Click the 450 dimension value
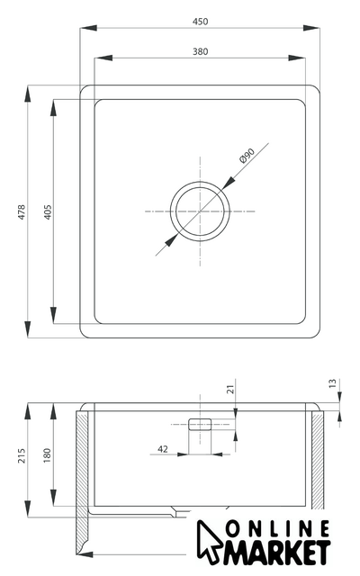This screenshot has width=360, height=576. [x=200, y=22]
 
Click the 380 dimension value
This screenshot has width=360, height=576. [x=200, y=52]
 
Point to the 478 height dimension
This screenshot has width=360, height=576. [x=22, y=212]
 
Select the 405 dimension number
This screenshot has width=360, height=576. [x=48, y=212]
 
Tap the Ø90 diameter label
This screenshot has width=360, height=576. [x=247, y=156]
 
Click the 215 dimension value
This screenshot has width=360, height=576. [x=22, y=455]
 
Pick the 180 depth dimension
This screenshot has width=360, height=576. [x=47, y=455]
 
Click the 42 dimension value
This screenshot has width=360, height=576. [x=163, y=449]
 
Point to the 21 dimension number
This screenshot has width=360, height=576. [x=230, y=390]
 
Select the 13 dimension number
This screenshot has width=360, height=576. [x=332, y=383]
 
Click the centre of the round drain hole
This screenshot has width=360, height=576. [x=200, y=211]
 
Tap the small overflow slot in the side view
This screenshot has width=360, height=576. [x=200, y=424]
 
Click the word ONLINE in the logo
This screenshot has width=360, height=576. [x=277, y=529]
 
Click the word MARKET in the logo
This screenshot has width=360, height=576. [x=277, y=552]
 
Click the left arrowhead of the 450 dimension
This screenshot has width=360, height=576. [x=88, y=28]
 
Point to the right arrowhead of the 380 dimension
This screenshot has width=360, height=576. [x=297, y=58]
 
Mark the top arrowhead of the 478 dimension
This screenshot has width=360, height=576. [x=28, y=94]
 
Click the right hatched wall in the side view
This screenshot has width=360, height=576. [x=318, y=460]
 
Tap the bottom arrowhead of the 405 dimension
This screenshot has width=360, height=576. [x=54, y=315]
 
